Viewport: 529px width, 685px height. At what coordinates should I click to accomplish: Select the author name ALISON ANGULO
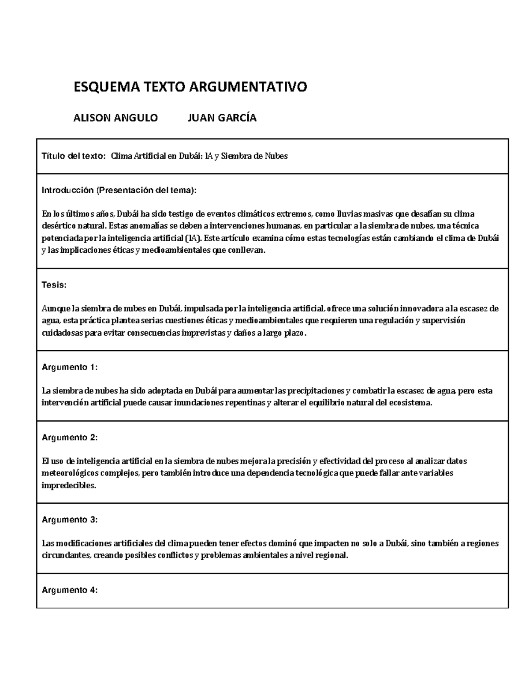click(x=115, y=118)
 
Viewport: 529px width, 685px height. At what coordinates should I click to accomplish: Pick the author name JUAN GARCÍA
click(x=222, y=118)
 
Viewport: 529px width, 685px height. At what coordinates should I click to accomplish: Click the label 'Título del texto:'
click(x=74, y=156)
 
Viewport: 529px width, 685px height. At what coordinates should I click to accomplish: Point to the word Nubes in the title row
click(x=276, y=156)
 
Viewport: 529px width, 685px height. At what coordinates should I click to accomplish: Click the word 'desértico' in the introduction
click(x=59, y=226)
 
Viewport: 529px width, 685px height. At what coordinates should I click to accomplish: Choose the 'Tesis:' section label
click(x=54, y=285)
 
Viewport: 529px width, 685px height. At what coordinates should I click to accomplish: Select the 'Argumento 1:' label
click(x=69, y=367)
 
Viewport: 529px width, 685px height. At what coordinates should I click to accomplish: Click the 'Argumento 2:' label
click(x=69, y=438)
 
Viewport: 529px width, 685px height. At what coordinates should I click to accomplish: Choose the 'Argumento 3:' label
click(x=69, y=520)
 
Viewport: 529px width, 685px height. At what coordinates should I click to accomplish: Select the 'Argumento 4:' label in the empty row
click(x=69, y=590)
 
